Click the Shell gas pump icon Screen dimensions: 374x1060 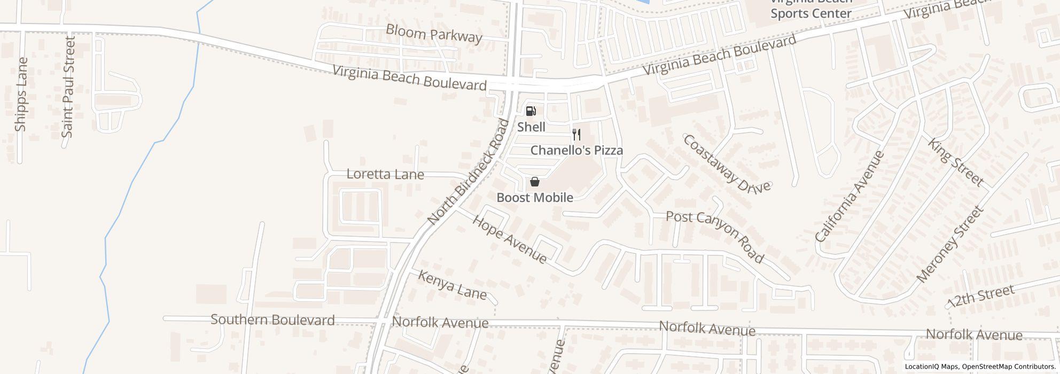tap(531, 111)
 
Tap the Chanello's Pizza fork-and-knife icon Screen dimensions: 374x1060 tap(576, 135)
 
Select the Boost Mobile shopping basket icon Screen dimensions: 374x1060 tap(535, 182)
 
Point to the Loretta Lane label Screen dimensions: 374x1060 tap(385, 174)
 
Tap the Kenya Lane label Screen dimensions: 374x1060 tap(452, 285)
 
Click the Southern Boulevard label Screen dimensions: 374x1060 tap(272, 320)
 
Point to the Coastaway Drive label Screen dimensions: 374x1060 tap(727, 163)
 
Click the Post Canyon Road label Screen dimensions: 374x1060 tap(715, 236)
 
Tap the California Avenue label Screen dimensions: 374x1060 tap(849, 196)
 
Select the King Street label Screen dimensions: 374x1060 tap(955, 162)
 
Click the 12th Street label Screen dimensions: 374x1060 tap(980, 297)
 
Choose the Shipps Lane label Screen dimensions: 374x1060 tap(21, 95)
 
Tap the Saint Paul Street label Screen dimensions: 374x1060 tap(68, 87)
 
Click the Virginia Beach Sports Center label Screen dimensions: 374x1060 tap(810, 9)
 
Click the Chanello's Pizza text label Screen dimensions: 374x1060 tap(576, 150)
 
